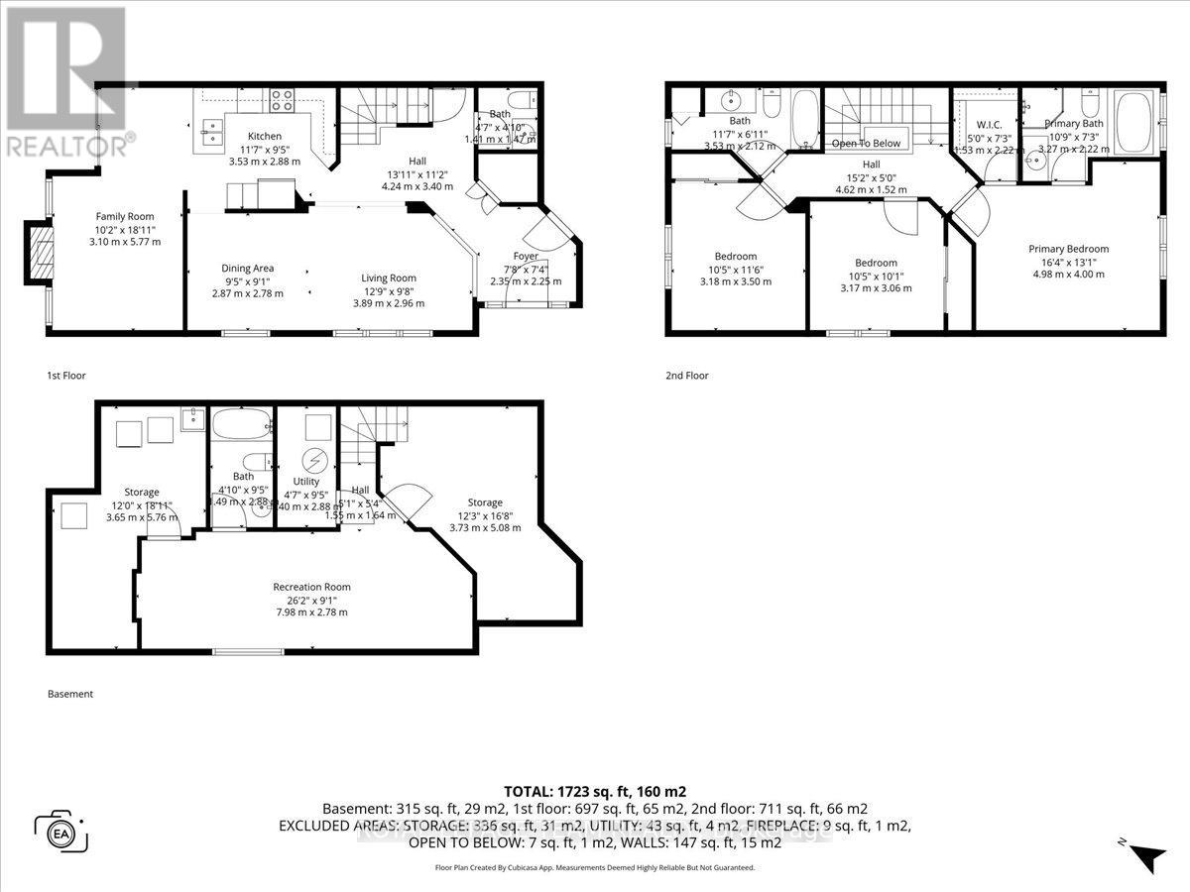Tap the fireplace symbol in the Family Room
tap(38, 257)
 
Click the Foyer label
tap(526, 256)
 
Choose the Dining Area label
tap(248, 268)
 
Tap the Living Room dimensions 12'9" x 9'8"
tap(388, 290)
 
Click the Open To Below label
tap(866, 143)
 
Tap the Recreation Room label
tap(312, 587)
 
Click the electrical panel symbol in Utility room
tap(315, 462)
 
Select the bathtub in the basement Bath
tap(241, 423)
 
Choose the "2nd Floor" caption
tap(687, 376)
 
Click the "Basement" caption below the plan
tap(70, 694)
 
